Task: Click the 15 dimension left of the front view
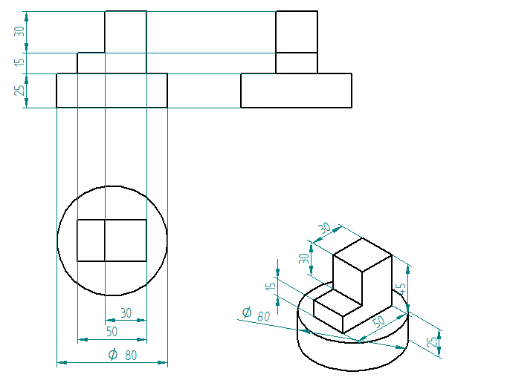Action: point(20,62)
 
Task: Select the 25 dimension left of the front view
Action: point(20,90)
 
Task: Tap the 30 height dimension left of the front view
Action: point(19,31)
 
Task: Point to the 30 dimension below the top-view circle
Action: point(126,312)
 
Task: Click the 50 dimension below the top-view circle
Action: point(112,332)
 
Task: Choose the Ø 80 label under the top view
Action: point(122,355)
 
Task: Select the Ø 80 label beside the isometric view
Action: point(256,314)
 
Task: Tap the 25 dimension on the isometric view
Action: point(432,342)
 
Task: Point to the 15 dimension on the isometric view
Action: point(271,286)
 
